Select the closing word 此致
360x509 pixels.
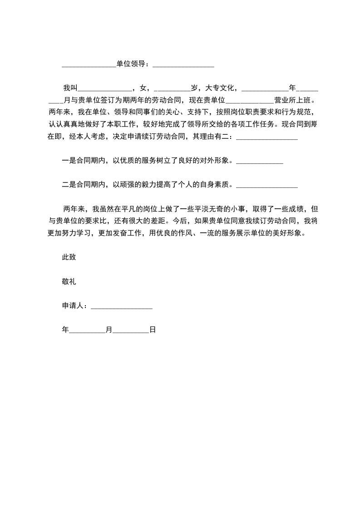(x=69, y=257)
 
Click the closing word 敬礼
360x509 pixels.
(x=69, y=281)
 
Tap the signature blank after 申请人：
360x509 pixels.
(x=122, y=307)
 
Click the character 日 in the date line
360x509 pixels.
(x=153, y=330)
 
